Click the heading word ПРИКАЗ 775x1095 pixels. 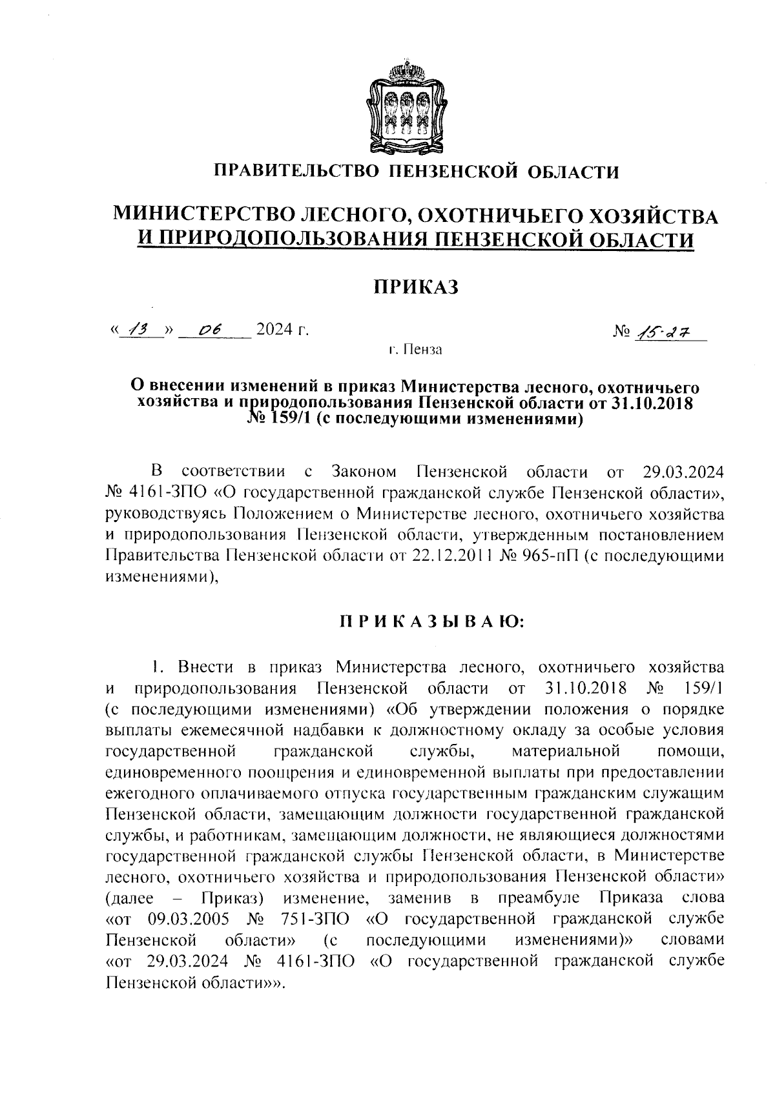[x=417, y=286]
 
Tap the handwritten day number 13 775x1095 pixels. [x=138, y=330]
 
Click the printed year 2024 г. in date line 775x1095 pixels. [x=282, y=330]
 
